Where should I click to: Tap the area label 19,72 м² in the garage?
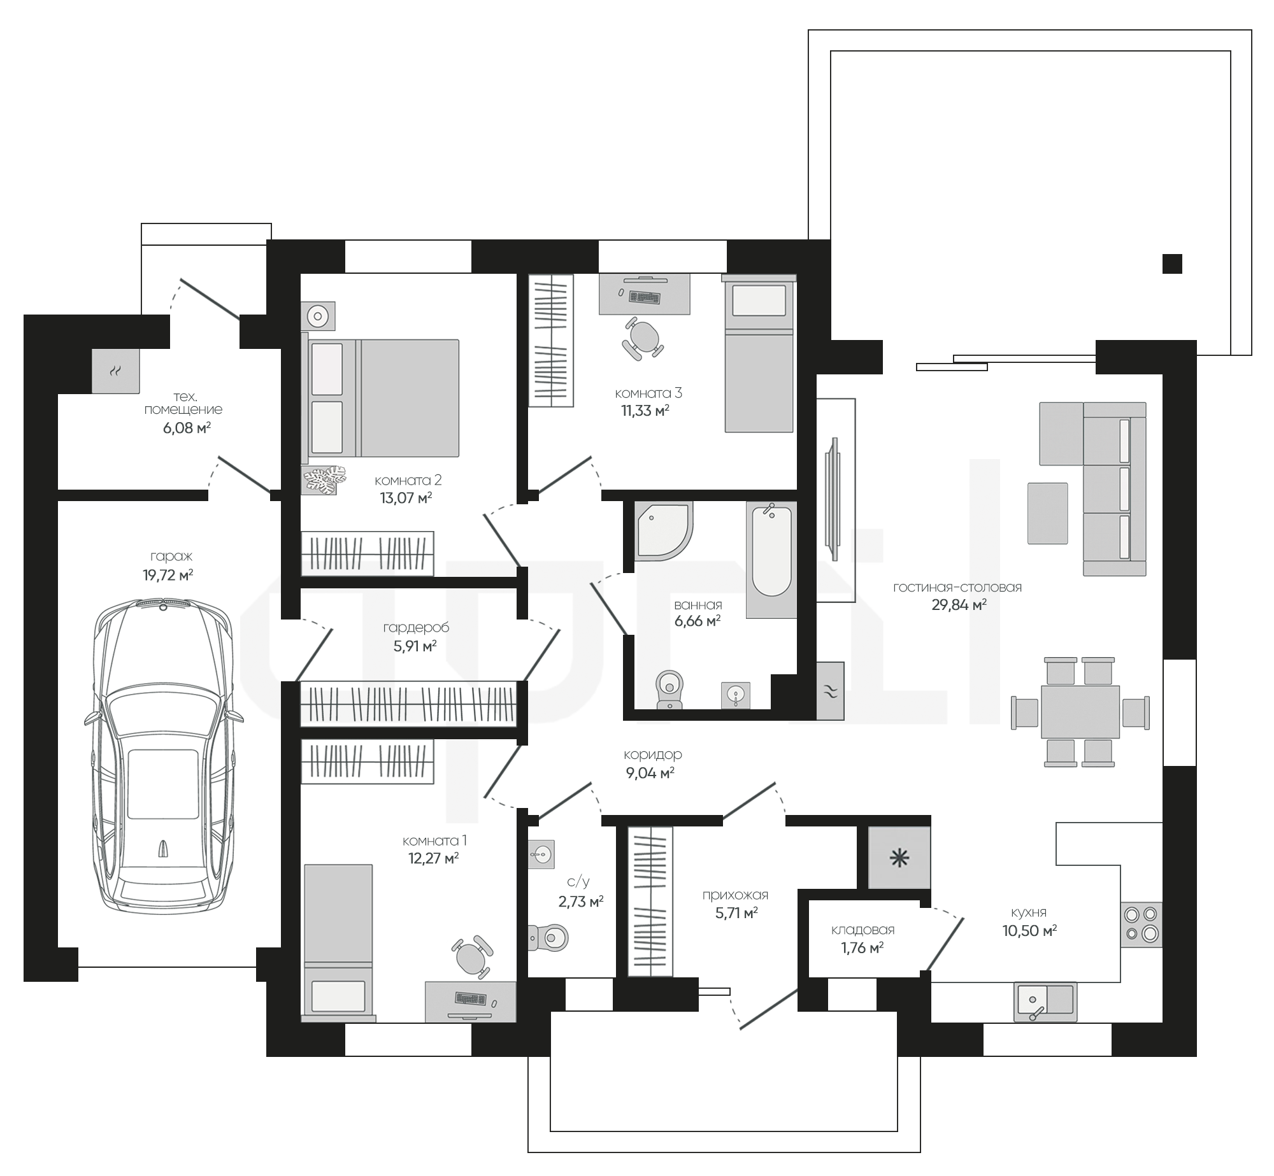(168, 576)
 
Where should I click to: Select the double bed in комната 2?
(384, 398)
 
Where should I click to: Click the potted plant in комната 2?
(324, 480)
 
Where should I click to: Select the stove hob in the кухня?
(1141, 924)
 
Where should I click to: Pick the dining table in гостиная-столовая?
(1080, 711)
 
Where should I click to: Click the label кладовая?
(862, 930)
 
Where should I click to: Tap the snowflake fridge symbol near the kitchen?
(899, 858)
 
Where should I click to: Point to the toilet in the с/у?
(548, 937)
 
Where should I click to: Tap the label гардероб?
(416, 628)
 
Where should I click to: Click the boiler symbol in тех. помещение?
(115, 371)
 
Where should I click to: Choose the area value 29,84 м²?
(959, 605)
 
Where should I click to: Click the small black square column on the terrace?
(1172, 264)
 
